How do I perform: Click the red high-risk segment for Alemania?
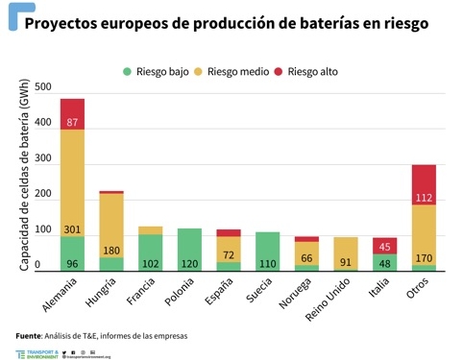click(x=72, y=113)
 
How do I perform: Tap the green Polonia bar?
click(x=189, y=250)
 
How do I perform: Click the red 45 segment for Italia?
click(x=384, y=245)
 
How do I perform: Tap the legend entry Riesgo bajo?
click(x=158, y=71)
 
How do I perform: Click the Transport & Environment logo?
click(x=43, y=354)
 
